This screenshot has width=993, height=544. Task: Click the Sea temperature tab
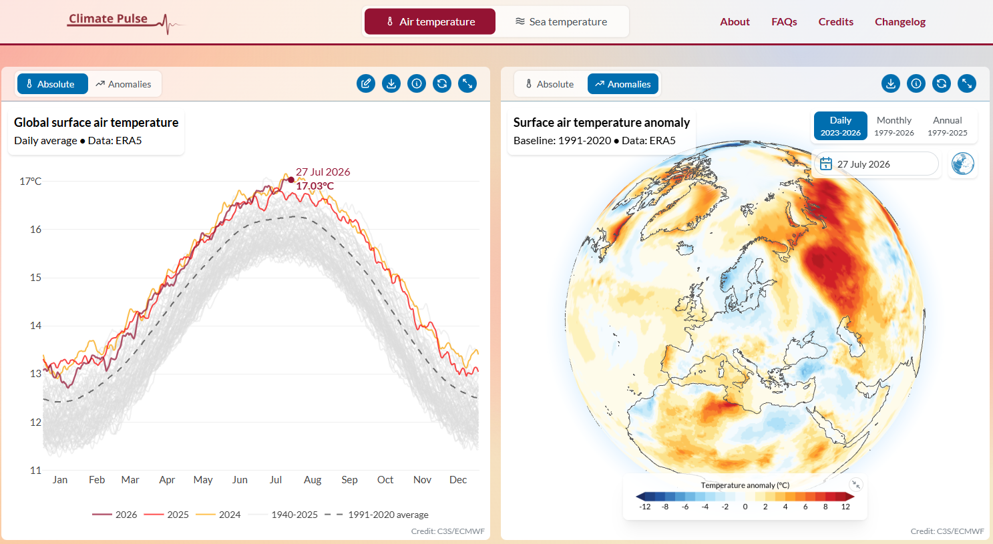coord(561,22)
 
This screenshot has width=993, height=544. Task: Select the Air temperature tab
coord(430,22)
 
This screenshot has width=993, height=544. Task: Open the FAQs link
coord(784,22)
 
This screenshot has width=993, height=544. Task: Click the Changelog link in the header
coord(900,22)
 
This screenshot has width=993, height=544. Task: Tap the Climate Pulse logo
coord(126,22)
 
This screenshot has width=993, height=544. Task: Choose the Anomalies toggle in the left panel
coord(124,84)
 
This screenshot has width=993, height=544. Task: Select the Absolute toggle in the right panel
coord(550,84)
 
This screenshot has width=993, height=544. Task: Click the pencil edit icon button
coord(366,83)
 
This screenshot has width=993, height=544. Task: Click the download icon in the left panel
coord(391,83)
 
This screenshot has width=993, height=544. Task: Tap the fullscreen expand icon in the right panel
coord(967,83)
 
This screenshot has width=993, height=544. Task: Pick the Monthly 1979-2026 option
coord(893,125)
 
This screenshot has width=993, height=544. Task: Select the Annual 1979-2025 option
coord(948,125)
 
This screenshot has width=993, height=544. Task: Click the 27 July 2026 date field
coord(876,164)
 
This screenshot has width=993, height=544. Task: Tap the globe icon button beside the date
coord(963,164)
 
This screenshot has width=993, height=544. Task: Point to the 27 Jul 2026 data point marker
coord(290,180)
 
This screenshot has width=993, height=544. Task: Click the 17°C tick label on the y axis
coord(30,181)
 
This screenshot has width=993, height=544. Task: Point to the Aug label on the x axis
coord(313,480)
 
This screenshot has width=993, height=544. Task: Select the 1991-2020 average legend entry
coord(377,515)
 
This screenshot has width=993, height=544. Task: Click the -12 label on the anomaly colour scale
coord(644,507)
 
